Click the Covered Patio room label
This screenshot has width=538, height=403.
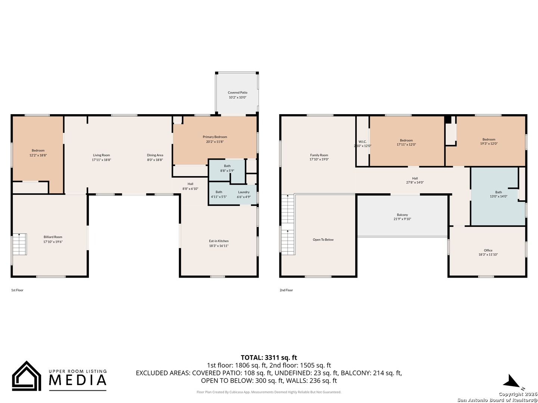(x=238, y=93)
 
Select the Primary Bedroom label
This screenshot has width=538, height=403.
(x=215, y=137)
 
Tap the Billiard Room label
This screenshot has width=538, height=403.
(x=53, y=237)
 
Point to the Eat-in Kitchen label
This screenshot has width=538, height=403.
(x=219, y=241)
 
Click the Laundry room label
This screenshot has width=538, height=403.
(x=244, y=192)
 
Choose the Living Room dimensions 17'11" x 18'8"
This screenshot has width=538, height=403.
(x=101, y=160)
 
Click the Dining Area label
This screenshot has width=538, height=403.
(x=155, y=155)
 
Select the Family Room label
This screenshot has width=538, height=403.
(x=319, y=155)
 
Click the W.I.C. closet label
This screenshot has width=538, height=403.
(x=362, y=142)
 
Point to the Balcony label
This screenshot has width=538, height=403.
(x=402, y=215)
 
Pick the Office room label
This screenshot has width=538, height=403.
(x=488, y=250)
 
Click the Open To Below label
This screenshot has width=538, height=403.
(x=323, y=240)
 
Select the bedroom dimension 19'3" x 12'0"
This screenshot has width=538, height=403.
(x=489, y=144)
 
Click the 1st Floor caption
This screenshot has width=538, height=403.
(x=17, y=290)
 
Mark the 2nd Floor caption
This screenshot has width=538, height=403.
(x=286, y=290)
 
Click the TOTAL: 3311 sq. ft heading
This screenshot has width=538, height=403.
(x=269, y=357)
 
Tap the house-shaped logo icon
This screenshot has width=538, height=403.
(x=27, y=376)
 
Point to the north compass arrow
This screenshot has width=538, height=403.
(x=511, y=382)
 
